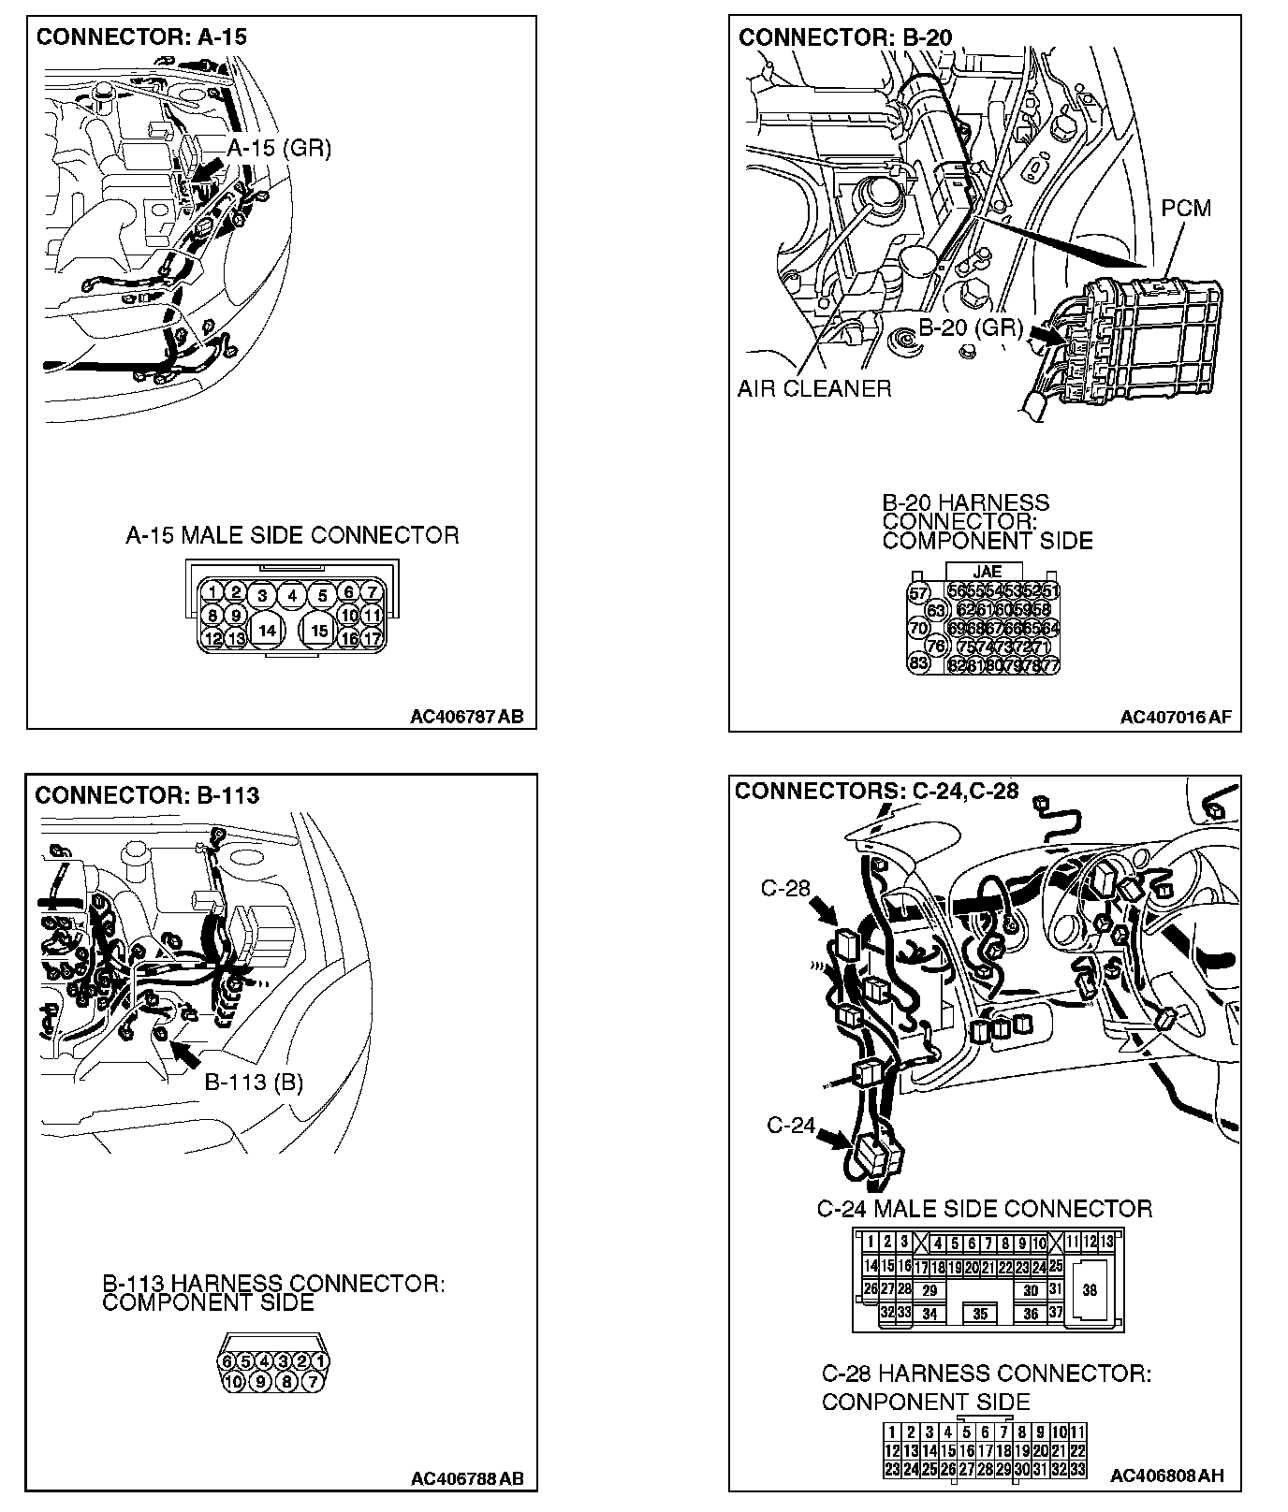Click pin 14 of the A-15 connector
click(x=267, y=630)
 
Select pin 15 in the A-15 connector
click(x=319, y=630)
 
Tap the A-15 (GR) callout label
click(x=279, y=148)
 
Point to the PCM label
click(x=1186, y=208)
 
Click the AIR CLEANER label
click(x=814, y=388)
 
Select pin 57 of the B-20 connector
click(x=919, y=593)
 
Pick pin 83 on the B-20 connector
click(x=919, y=663)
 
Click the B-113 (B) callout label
click(x=254, y=1083)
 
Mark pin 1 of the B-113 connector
click(x=320, y=1360)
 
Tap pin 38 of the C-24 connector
click(x=1090, y=1290)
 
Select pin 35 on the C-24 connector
click(x=980, y=1314)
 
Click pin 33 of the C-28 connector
click(x=1077, y=1469)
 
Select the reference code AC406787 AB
click(x=466, y=718)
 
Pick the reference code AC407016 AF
click(x=1176, y=718)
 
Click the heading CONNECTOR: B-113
click(x=147, y=795)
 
